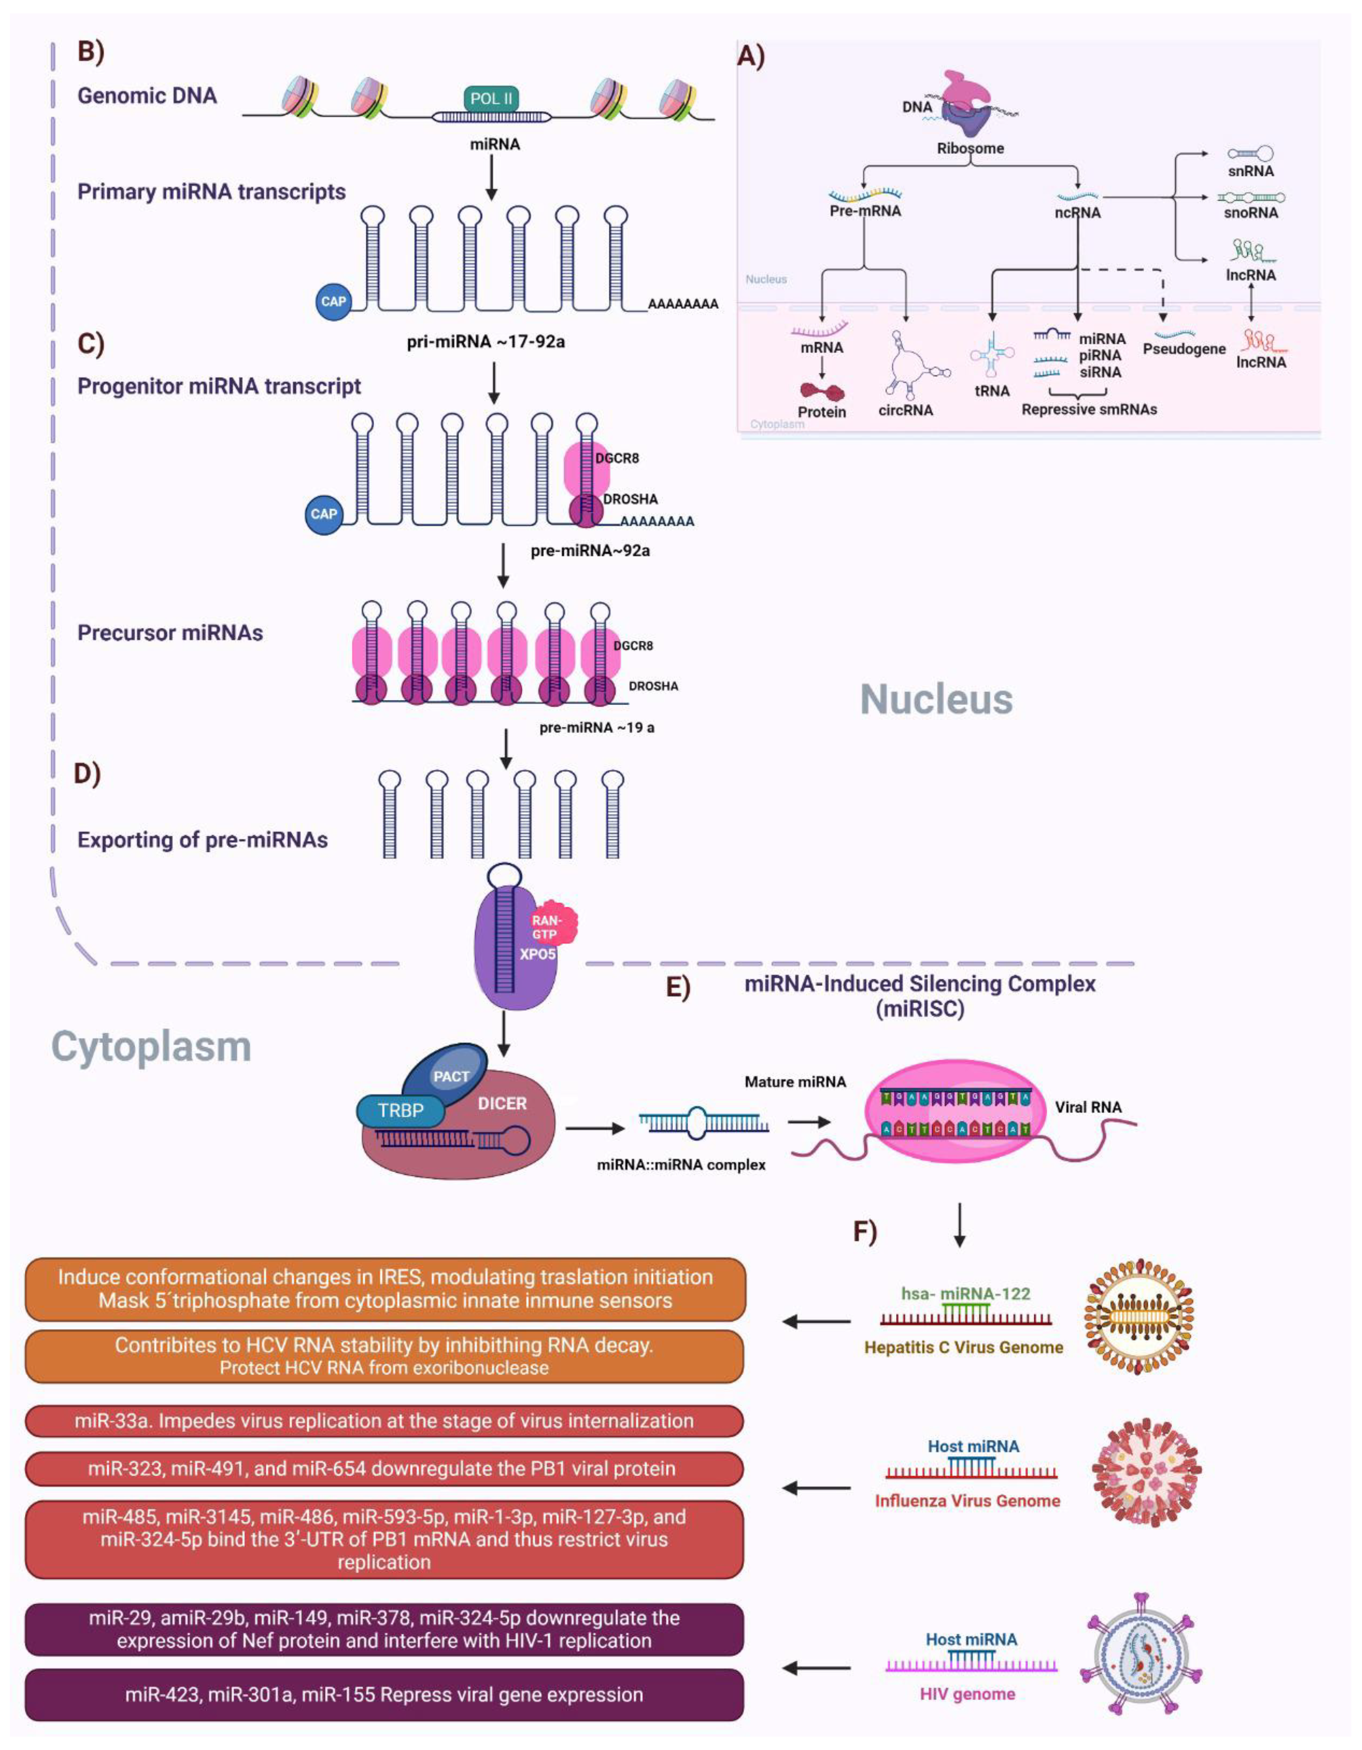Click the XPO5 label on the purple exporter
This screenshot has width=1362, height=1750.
tap(537, 954)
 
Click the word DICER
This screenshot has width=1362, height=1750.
tap(502, 1103)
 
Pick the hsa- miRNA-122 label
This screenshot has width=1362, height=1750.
tap(965, 1293)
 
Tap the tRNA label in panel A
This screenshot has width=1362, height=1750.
tap(992, 391)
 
